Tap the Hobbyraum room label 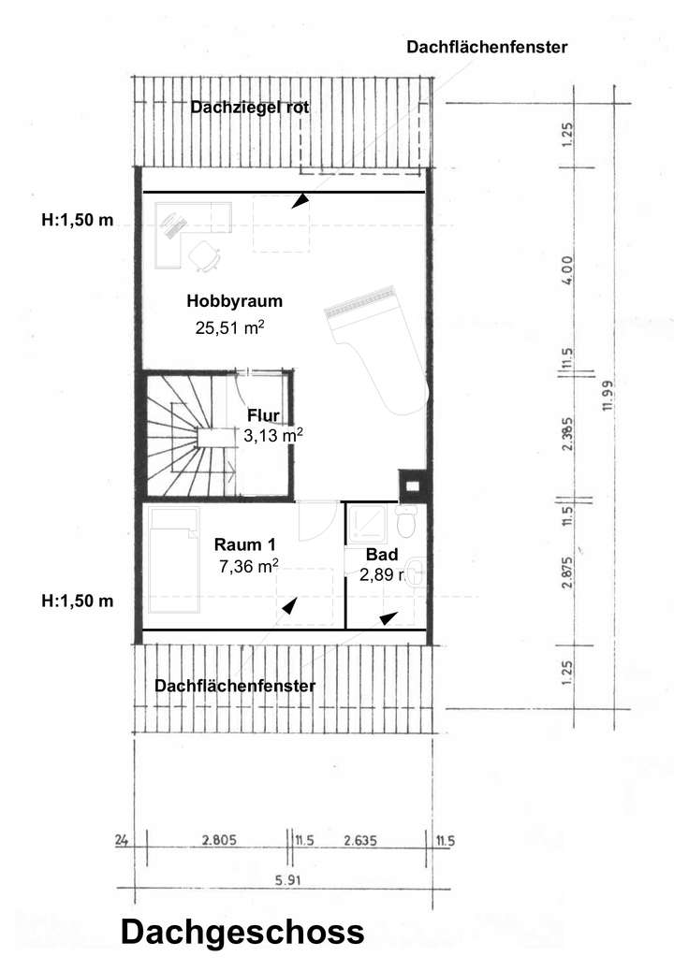[x=234, y=301]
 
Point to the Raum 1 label [x=245, y=544]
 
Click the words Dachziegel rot [x=250, y=108]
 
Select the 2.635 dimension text [x=359, y=840]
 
